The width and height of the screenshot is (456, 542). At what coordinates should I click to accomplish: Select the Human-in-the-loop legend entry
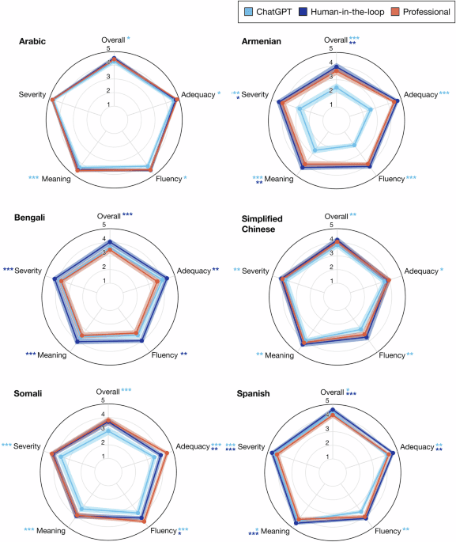[345, 13]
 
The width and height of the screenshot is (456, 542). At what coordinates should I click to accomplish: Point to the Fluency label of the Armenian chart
[391, 179]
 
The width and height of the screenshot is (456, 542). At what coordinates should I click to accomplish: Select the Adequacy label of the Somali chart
[192, 447]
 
